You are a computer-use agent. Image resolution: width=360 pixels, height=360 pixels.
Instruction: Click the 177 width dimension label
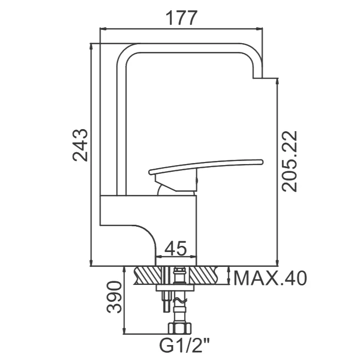tap(181, 17)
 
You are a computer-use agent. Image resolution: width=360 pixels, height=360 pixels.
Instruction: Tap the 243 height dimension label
tap(80, 145)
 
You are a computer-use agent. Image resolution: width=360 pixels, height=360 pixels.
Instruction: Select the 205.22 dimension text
tap(290, 161)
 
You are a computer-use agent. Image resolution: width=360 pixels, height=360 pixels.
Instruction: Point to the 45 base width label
tap(176, 248)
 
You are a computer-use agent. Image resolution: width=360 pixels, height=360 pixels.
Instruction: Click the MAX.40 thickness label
tap(270, 278)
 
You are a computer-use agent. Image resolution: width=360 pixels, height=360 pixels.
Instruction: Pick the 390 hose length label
tap(114, 297)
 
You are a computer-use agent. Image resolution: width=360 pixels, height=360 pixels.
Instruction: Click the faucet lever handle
tap(206, 166)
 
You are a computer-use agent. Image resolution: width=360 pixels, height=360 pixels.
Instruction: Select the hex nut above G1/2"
tap(180, 328)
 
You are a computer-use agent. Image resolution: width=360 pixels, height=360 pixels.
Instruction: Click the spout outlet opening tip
tap(257, 78)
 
